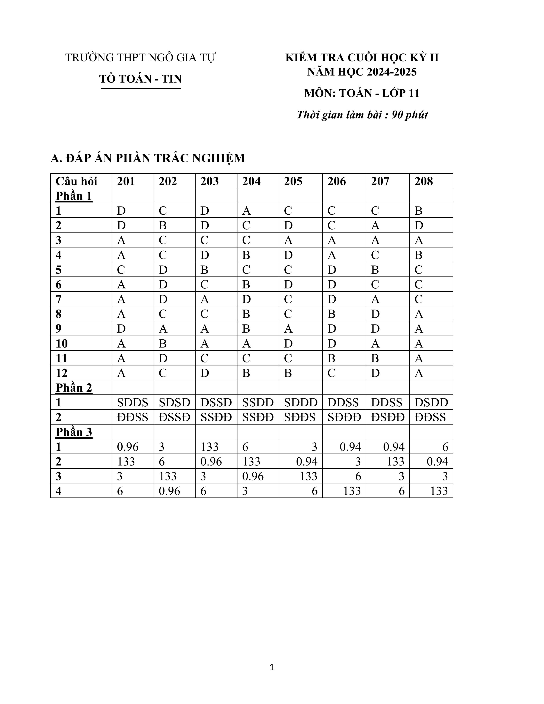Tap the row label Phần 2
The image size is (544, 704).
(74, 387)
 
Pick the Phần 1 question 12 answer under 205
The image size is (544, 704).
(288, 373)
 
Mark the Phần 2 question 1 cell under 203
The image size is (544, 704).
(216, 403)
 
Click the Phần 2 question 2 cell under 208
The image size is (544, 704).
(430, 417)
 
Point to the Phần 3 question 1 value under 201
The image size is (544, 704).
(128, 447)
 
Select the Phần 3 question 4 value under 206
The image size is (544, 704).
(352, 491)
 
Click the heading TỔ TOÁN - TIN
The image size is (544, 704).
(141, 79)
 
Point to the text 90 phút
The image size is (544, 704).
(410, 115)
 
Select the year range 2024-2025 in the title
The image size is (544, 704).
(390, 72)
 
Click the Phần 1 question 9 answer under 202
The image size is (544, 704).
(163, 329)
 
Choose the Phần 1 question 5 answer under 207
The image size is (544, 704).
(375, 270)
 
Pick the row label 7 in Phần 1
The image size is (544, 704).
(58, 300)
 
